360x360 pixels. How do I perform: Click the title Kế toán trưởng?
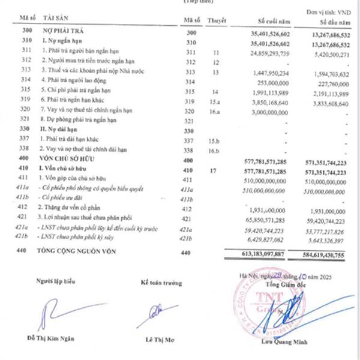point(161,281)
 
